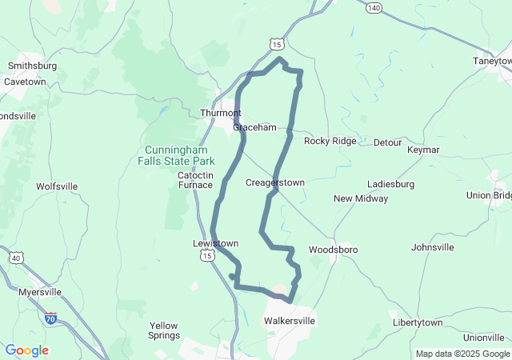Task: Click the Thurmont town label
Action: point(220,113)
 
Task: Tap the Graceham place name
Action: point(254,127)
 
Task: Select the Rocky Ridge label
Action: point(330,141)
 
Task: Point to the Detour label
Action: point(387,142)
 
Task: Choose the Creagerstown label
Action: point(274,182)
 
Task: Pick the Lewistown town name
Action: point(215,242)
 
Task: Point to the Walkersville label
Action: point(290,321)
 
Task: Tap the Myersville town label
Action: point(40,293)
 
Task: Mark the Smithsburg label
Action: point(30,66)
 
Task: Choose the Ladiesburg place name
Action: point(390,183)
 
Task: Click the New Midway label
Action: point(361,198)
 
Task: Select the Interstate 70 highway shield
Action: point(51,318)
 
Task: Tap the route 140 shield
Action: point(374,7)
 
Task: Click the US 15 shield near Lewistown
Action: point(206,255)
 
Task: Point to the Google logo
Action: point(26,350)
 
